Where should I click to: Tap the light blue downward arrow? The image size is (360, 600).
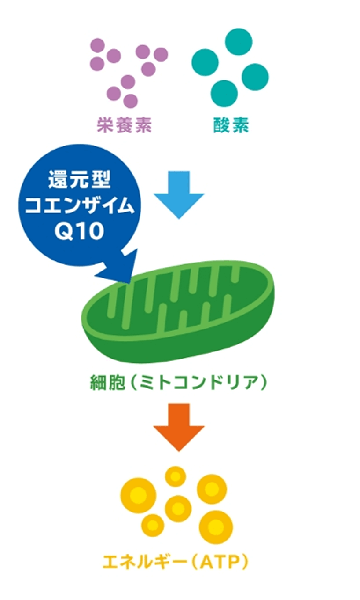click(x=179, y=194)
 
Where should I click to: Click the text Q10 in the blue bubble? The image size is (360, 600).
click(x=80, y=231)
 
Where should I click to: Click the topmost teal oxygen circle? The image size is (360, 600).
click(x=239, y=41)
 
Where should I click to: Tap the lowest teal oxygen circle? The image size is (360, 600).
click(x=224, y=92)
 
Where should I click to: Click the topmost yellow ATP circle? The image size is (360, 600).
click(x=176, y=476)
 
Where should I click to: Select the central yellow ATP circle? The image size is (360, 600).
click(x=178, y=508)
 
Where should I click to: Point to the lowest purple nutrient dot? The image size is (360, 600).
click(x=130, y=101)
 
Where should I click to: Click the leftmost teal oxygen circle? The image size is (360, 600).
click(x=206, y=62)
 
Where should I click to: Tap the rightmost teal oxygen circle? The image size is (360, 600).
click(x=255, y=77)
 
